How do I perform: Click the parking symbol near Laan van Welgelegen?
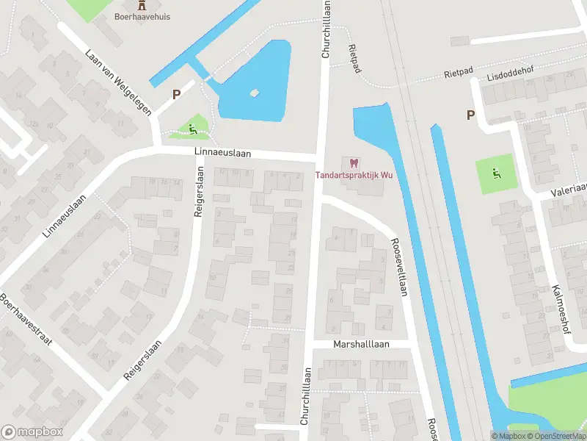click(176, 93)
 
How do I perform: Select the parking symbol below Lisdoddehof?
click(470, 114)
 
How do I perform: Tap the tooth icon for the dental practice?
click(352, 162)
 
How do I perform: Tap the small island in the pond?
click(255, 93)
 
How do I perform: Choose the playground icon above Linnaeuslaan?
click(193, 130)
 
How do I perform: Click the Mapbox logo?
click(32, 432)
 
